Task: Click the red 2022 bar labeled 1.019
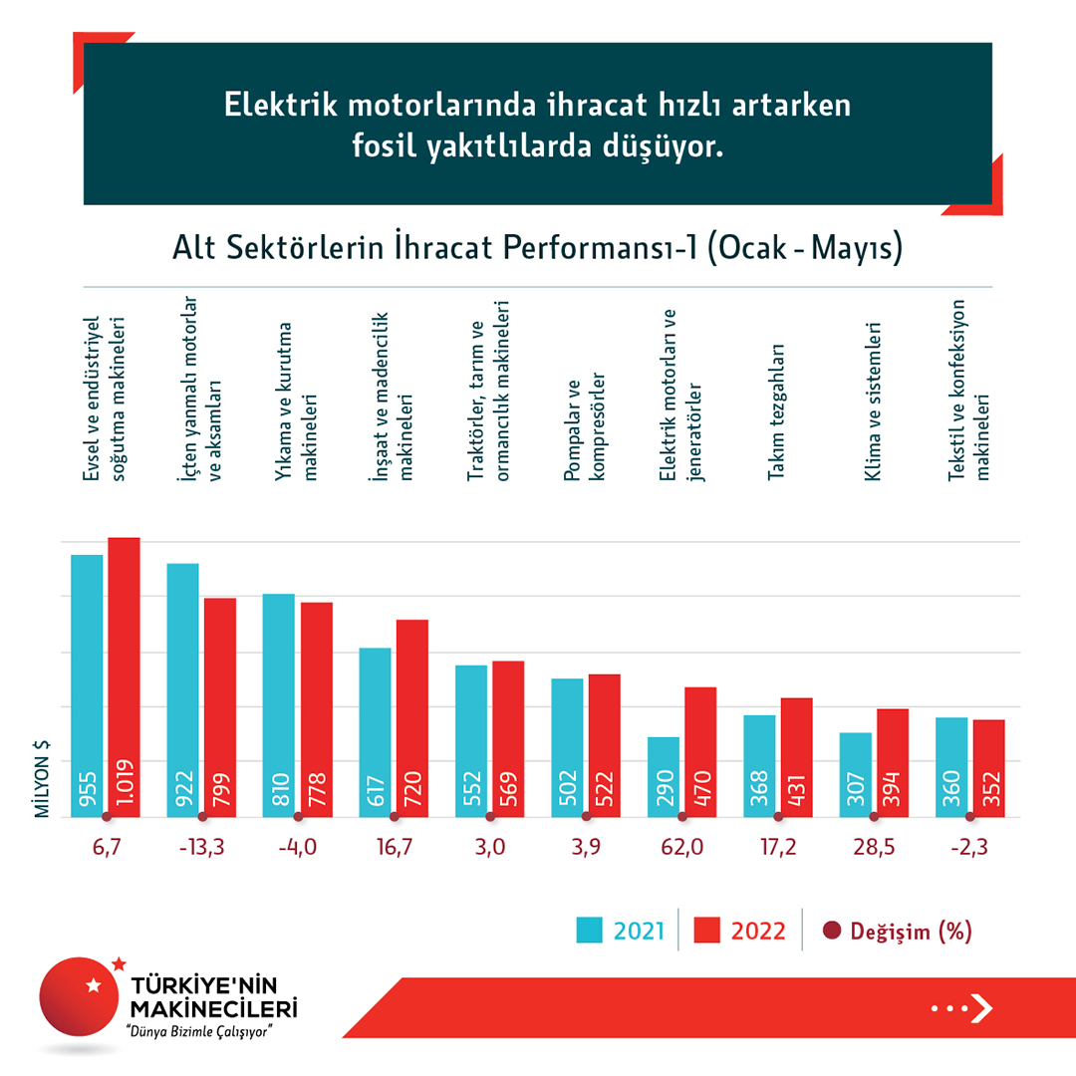[125, 677]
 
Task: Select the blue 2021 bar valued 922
[182, 690]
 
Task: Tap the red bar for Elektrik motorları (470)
[701, 752]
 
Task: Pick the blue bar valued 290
[664, 777]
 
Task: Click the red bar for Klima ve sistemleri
[893, 763]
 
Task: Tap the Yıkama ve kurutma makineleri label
[298, 402]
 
